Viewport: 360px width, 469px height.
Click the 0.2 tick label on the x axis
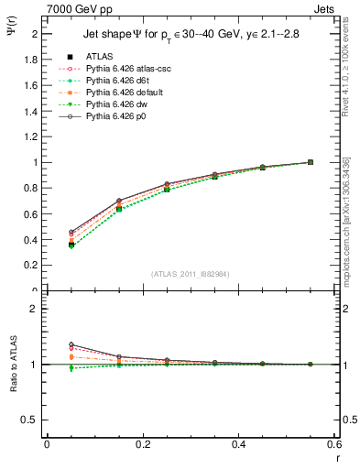pyautogui.click(x=142, y=443)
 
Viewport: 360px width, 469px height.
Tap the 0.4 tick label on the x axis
pyautogui.click(x=238, y=443)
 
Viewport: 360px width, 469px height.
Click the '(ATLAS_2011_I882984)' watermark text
pyautogui.click(x=191, y=274)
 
